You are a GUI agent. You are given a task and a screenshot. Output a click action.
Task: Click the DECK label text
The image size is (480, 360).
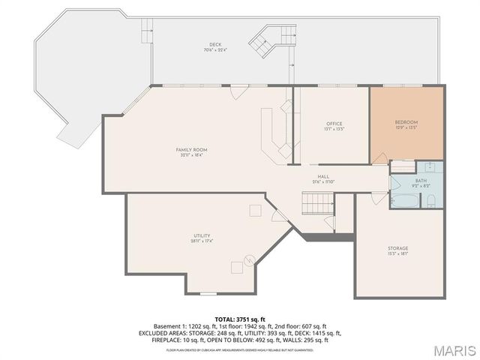[x=215, y=46]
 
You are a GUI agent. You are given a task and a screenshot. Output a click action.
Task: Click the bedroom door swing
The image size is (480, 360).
[x=380, y=157]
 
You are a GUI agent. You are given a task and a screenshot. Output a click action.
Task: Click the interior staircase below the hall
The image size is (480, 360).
[x=316, y=202]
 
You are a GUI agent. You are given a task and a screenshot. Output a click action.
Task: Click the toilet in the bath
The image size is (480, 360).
[x=432, y=199]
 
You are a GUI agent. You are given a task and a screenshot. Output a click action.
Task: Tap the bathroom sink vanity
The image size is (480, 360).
[x=429, y=167]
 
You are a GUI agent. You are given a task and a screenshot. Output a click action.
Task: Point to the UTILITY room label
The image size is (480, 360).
[x=202, y=238]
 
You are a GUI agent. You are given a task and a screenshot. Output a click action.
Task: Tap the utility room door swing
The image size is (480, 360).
[x=279, y=215]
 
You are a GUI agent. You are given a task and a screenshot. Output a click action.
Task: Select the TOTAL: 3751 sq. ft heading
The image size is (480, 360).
[x=240, y=319]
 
